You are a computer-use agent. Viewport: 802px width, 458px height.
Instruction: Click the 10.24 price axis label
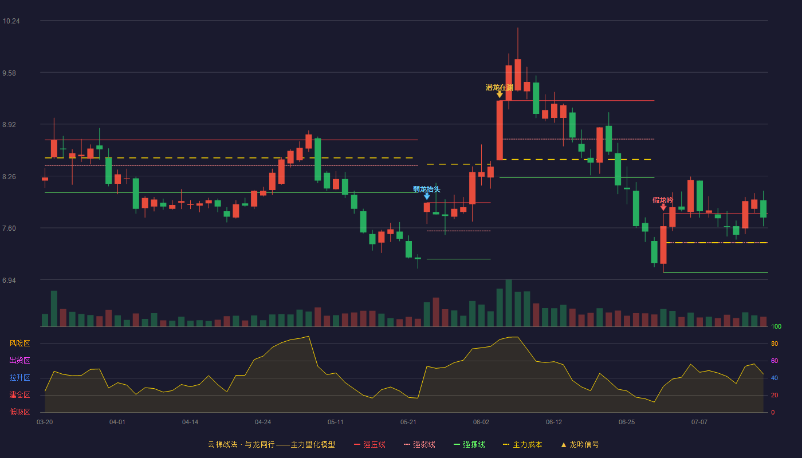11,21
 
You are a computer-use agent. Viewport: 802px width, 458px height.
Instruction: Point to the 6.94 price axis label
9,281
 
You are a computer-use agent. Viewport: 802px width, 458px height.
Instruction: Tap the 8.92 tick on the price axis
9,125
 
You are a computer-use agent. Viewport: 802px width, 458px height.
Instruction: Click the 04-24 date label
263,423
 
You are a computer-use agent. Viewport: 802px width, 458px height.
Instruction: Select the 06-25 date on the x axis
627,423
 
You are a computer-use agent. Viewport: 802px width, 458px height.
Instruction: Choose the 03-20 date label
45,423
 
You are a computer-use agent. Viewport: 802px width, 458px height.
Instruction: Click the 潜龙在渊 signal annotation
500,88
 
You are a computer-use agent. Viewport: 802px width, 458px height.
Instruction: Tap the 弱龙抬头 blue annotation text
426,189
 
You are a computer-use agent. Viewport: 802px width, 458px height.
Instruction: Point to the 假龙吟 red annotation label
663,200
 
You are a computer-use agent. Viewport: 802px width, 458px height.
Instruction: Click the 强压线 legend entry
370,444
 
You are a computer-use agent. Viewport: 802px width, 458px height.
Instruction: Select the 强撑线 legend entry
469,444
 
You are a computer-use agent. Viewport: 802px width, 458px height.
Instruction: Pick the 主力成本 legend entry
522,444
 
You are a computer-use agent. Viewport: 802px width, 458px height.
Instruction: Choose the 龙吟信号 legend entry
580,444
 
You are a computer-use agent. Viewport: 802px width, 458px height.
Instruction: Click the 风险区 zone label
19,343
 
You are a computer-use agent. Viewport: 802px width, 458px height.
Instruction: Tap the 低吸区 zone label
19,412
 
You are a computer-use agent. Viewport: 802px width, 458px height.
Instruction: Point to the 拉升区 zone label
19,378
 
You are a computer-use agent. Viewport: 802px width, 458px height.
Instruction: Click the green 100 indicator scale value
776,326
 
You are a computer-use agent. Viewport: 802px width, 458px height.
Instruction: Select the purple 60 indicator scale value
775,361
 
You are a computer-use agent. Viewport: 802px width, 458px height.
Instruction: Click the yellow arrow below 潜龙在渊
500,94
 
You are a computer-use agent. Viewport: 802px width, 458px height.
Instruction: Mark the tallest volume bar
509,303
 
